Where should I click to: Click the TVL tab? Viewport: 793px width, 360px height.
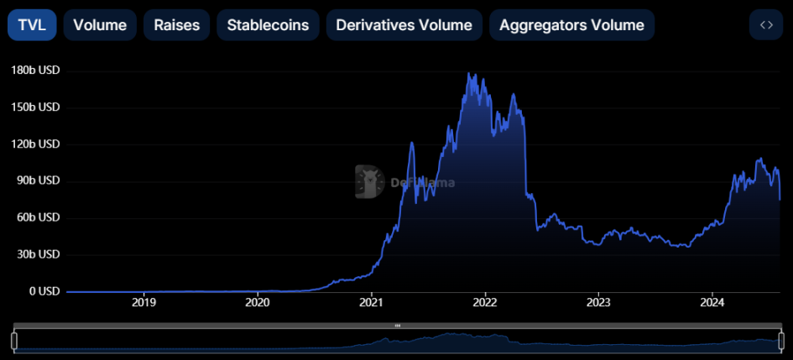32,25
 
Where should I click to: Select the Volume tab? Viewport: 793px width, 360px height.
100,25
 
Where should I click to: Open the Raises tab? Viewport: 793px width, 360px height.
177,25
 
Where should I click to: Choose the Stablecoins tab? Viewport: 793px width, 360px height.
268,25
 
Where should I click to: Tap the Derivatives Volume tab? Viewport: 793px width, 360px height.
404,25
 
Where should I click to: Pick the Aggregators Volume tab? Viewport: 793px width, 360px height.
571,25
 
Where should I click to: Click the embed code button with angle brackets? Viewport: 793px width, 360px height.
765,25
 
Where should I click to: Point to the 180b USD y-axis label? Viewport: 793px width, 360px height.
35,70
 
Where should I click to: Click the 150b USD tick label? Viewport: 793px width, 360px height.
35,107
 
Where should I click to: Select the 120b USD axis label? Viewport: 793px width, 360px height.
35,144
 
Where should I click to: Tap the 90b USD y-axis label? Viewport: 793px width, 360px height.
38,180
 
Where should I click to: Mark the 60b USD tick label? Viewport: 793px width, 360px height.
38,217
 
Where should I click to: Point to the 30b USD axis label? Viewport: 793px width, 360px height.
38,254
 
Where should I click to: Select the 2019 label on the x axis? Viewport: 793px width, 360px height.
144,302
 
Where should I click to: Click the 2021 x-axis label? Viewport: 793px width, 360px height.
372,302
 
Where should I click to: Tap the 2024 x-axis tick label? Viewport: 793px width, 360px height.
712,302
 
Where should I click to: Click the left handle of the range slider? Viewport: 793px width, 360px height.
14,341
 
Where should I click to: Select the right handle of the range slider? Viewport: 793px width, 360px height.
780,341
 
